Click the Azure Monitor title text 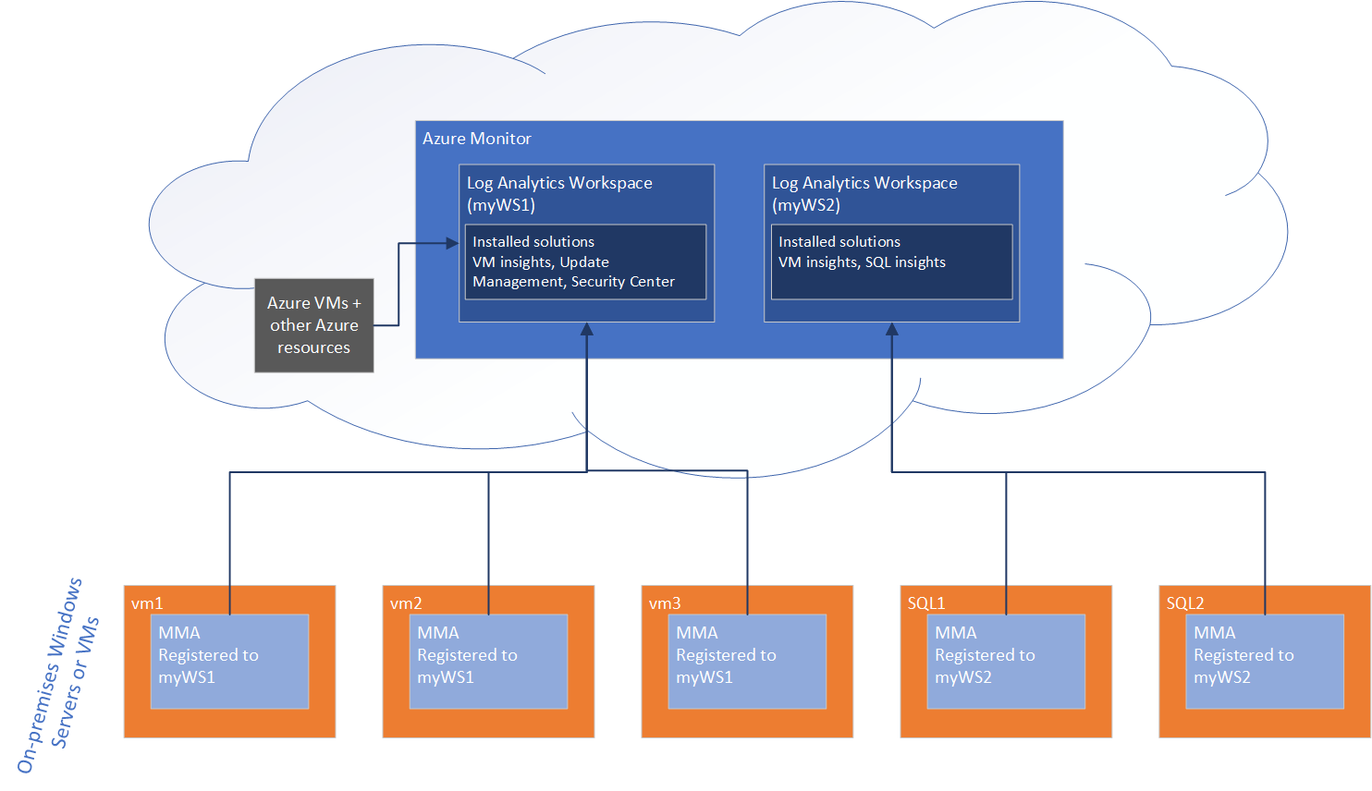[x=477, y=139]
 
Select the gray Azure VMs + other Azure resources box [x=314, y=325]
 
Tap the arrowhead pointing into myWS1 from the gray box [x=452, y=243]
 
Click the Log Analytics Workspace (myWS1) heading [x=559, y=193]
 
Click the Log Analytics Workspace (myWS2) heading [x=864, y=193]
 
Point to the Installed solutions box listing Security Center [x=585, y=262]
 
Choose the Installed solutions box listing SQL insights [x=891, y=262]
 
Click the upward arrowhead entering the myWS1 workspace [x=586, y=329]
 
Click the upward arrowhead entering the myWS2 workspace [x=892, y=329]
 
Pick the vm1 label [x=147, y=603]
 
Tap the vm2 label [x=406, y=603]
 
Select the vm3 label [x=665, y=603]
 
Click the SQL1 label [x=926, y=603]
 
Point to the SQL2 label [x=1185, y=603]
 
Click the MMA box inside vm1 [x=229, y=662]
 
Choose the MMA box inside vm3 [x=747, y=662]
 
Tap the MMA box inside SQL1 [x=1006, y=662]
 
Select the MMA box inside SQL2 [x=1265, y=662]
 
